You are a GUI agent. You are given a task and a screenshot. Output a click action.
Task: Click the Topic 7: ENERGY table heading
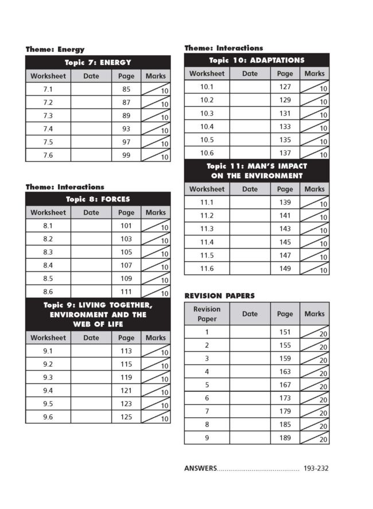tap(98, 62)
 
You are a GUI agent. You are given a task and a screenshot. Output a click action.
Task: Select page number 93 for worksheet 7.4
tap(126, 129)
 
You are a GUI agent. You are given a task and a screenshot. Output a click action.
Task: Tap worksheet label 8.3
tap(48, 252)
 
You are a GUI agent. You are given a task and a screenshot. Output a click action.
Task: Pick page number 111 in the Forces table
tap(126, 292)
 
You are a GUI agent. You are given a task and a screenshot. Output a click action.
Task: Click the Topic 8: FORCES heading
tap(98, 199)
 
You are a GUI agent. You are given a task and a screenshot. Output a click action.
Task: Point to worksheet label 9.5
tap(48, 403)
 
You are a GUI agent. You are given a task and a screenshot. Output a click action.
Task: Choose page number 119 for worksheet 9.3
tap(126, 377)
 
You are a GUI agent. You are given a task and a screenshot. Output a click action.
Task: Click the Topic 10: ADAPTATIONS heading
tap(257, 60)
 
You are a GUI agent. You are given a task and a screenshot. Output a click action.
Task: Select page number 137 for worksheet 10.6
tap(285, 153)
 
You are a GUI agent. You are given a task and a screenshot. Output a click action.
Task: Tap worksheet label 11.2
tap(207, 215)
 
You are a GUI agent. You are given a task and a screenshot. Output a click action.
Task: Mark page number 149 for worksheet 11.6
tap(285, 268)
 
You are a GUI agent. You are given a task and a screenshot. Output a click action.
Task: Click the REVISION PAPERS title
tap(219, 296)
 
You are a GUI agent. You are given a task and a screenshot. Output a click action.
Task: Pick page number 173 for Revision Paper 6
tap(285, 398)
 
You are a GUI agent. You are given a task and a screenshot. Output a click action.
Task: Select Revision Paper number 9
tap(207, 437)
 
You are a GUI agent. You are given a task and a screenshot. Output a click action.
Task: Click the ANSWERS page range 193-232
tap(316, 468)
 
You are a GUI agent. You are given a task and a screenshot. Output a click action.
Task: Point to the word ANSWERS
tap(200, 468)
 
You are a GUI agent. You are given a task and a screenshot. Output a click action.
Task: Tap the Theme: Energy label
tap(55, 49)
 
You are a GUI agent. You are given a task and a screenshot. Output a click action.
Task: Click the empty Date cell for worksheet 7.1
tap(91, 90)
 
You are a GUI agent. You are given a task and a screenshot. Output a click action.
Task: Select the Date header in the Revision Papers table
tap(250, 314)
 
